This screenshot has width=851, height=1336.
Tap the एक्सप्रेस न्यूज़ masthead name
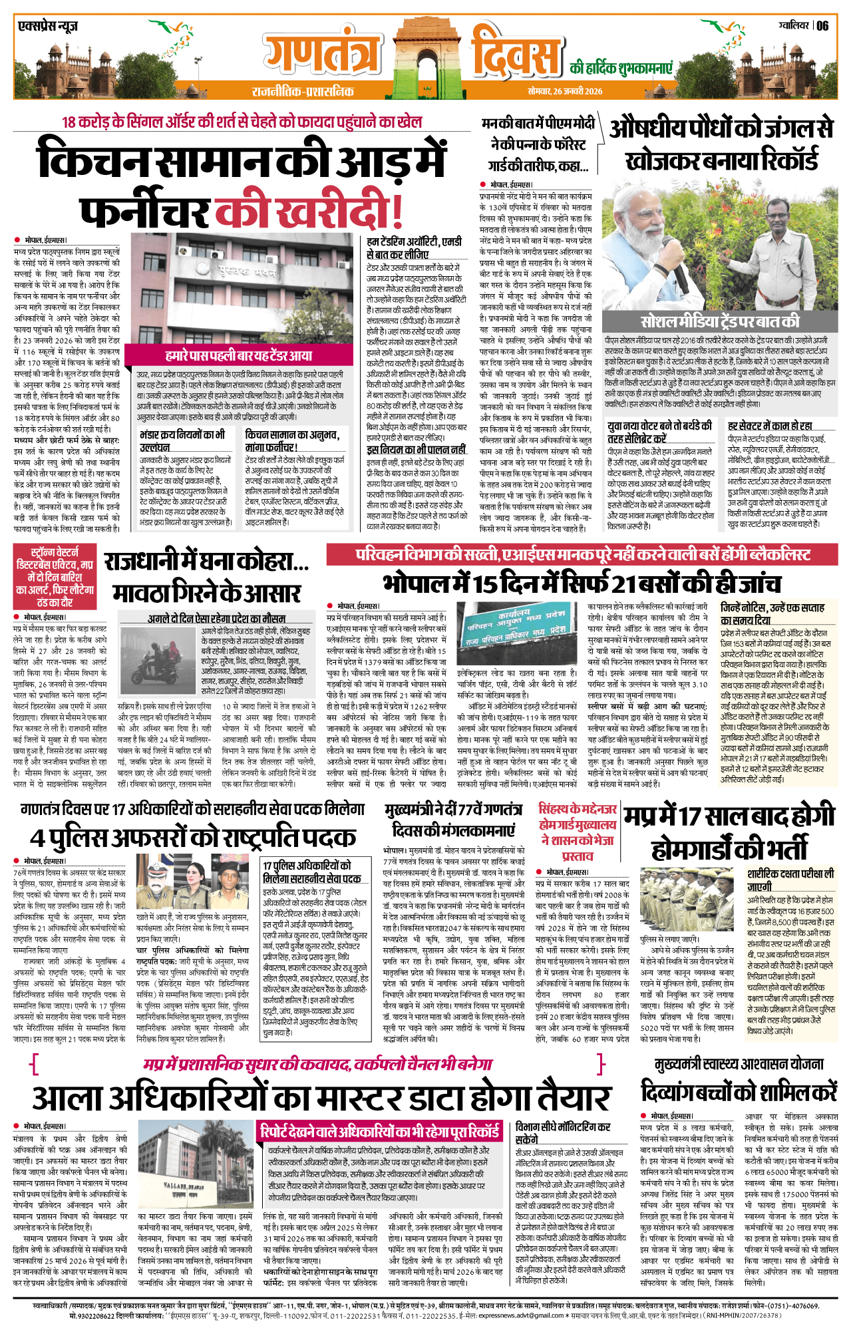48,27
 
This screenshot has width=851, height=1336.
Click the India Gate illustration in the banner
425,50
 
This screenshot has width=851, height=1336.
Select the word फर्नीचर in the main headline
144,212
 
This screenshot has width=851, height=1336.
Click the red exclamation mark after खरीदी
397,212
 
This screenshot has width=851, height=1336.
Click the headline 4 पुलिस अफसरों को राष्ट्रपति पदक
193,837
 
